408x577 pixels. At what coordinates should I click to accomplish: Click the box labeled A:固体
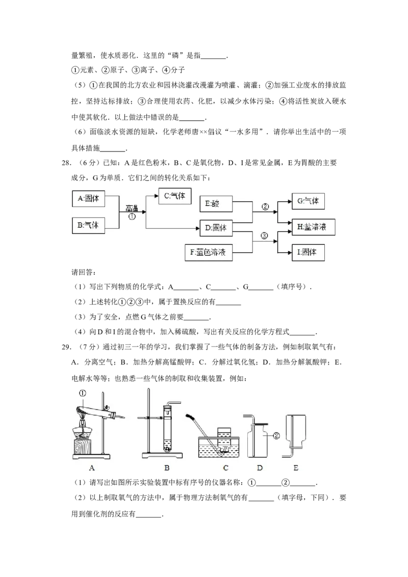(x=89, y=199)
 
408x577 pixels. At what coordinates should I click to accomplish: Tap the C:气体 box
(x=174, y=196)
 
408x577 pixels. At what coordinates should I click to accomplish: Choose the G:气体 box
(x=308, y=201)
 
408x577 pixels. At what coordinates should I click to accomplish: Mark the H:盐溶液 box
(x=313, y=226)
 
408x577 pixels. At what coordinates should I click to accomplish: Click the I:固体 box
(x=308, y=252)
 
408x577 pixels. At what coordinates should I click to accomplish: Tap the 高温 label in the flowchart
(x=133, y=208)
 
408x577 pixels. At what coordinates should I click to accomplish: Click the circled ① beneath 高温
(x=132, y=216)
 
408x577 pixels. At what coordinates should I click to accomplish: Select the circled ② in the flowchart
(x=264, y=207)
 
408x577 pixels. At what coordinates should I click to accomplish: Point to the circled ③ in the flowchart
(x=264, y=235)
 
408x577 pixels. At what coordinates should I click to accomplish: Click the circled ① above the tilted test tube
(x=83, y=393)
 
